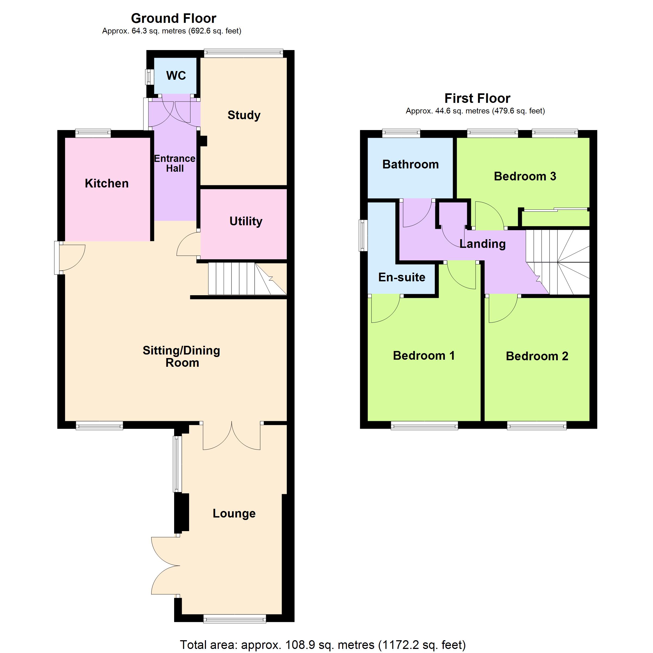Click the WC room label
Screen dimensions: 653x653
pyautogui.click(x=176, y=75)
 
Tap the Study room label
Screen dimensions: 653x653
pyautogui.click(x=244, y=115)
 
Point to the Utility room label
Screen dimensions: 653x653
pyautogui.click(x=246, y=221)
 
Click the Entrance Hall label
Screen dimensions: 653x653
pyautogui.click(x=175, y=163)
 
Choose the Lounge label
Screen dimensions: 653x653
pyautogui.click(x=234, y=513)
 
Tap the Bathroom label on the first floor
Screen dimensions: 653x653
pyautogui.click(x=410, y=164)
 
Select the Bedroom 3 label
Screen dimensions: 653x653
pyautogui.click(x=525, y=176)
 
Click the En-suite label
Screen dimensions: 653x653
pyautogui.click(x=402, y=277)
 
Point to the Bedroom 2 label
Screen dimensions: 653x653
pyautogui.click(x=537, y=356)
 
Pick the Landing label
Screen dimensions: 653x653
pyautogui.click(x=482, y=244)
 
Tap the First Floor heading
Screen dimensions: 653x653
pyautogui.click(x=477, y=98)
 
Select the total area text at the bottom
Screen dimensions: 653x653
pyautogui.click(x=323, y=645)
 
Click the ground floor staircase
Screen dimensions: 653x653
pyautogui.click(x=247, y=279)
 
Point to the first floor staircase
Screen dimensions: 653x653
pyautogui.click(x=558, y=262)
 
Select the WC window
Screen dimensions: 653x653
pyautogui.click(x=148, y=77)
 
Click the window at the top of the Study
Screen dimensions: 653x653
pyautogui.click(x=243, y=52)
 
